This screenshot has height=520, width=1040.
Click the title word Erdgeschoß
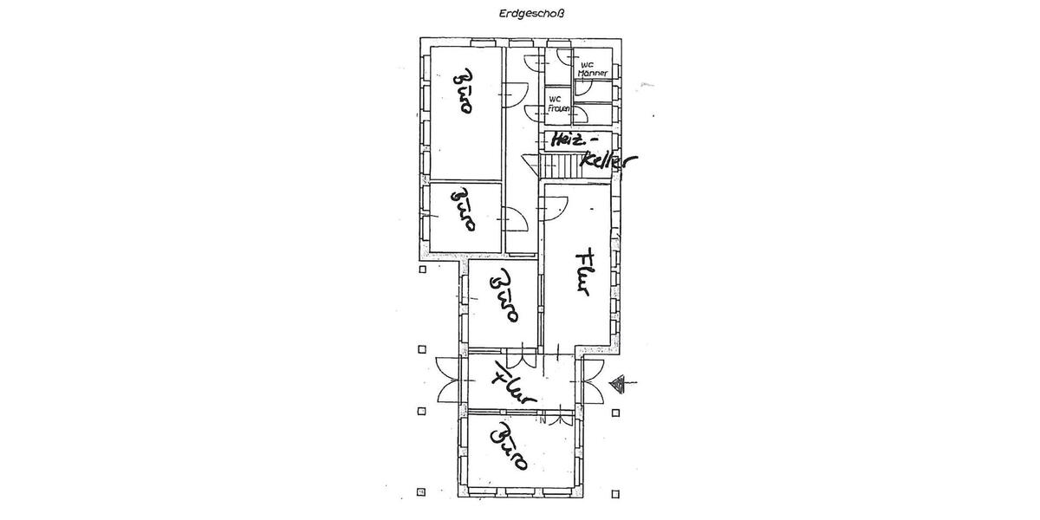click(x=531, y=14)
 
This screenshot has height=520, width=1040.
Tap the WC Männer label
click(x=592, y=69)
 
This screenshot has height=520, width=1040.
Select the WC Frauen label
click(x=558, y=104)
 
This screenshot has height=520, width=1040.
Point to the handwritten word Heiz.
click(x=567, y=140)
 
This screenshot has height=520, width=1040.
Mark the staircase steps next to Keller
click(x=560, y=166)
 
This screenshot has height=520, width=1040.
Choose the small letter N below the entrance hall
click(x=543, y=420)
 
